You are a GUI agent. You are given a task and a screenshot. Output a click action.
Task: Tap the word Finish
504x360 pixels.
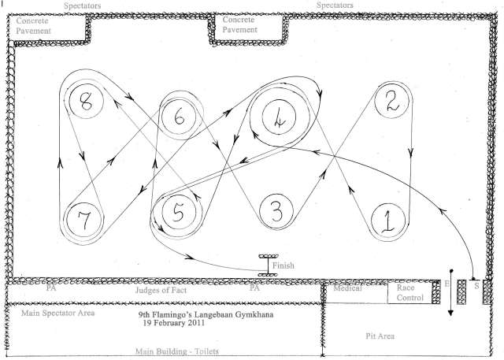[x=283, y=265]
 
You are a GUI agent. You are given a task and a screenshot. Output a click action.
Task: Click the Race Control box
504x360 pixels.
[x=409, y=292]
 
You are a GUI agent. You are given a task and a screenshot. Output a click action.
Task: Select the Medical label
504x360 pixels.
[x=347, y=288]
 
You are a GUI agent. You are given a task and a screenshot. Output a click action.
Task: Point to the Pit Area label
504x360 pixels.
[x=380, y=336]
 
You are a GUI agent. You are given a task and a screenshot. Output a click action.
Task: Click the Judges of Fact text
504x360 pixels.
[x=161, y=290]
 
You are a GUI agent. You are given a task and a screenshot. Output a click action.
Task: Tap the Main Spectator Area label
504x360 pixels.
[x=57, y=313]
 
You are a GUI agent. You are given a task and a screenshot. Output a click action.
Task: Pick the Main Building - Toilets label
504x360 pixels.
[x=177, y=351]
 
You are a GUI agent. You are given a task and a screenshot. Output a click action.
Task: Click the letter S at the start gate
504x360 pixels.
[x=476, y=285]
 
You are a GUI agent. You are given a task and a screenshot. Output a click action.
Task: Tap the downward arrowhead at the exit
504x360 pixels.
[x=450, y=313]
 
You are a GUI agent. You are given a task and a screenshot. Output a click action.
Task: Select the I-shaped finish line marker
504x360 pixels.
[x=268, y=265]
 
